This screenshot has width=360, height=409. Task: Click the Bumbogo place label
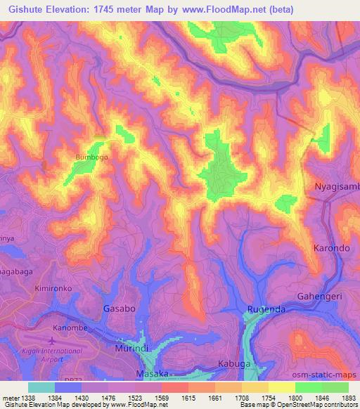(x=91, y=157)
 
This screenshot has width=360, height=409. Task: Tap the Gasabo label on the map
(x=115, y=309)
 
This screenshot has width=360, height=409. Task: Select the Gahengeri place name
(x=319, y=297)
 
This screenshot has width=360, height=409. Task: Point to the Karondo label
(x=331, y=249)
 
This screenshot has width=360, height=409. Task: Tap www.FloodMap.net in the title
(x=212, y=10)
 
